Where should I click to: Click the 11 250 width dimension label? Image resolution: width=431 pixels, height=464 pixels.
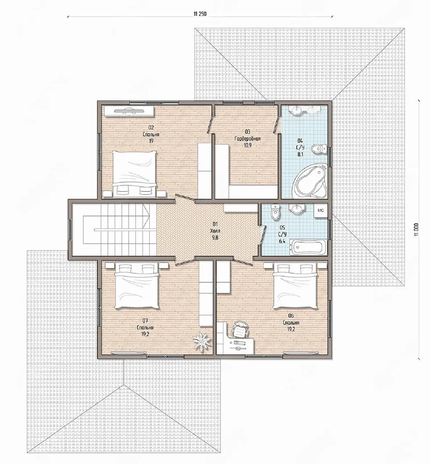coord(200,14)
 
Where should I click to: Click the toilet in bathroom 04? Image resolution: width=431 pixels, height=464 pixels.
coord(319,149)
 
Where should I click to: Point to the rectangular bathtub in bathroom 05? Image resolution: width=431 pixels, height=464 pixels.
coord(308,247)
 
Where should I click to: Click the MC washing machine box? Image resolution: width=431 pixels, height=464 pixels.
coord(321,211)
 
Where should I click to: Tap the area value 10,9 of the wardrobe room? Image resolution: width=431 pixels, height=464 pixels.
coord(248,145)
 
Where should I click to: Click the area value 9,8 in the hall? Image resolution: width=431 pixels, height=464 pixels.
coord(215,237)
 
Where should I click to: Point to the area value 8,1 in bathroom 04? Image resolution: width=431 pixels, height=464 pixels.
coord(301,154)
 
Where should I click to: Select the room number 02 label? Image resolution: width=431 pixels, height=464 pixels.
coord(151,127)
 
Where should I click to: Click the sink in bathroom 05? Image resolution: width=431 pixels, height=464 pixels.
coord(297,208)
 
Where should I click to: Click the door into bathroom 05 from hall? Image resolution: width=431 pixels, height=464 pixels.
coord(263,235)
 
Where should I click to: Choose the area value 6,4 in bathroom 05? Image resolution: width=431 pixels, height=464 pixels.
coord(282,241)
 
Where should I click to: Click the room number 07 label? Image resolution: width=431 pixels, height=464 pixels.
coord(145,320)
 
